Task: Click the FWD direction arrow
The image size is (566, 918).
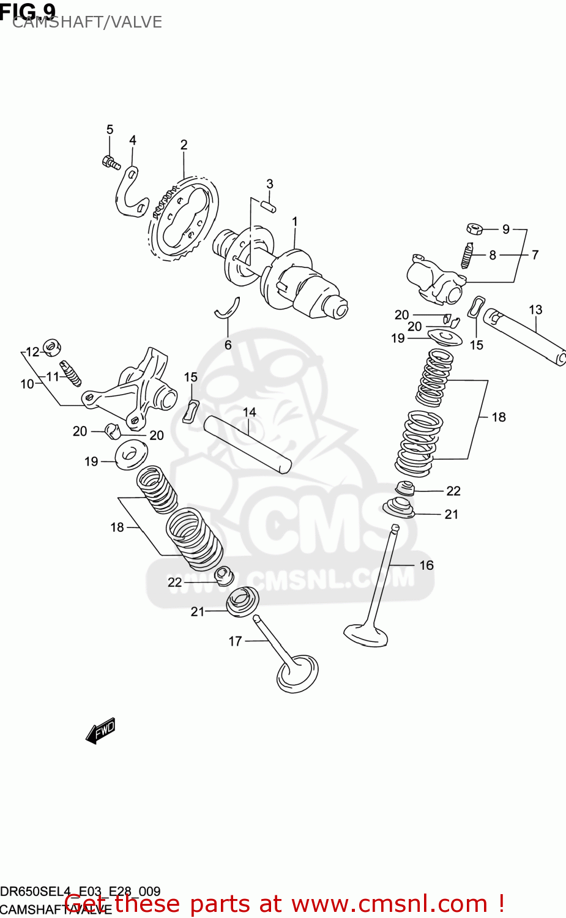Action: tap(100, 730)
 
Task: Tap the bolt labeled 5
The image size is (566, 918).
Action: tap(111, 162)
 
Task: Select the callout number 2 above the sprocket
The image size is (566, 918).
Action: tap(184, 145)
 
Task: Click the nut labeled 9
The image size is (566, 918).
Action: tap(474, 229)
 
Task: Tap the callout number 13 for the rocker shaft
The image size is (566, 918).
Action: tap(535, 310)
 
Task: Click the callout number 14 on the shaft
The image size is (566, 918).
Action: tap(249, 412)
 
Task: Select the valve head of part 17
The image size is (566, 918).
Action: tap(298, 674)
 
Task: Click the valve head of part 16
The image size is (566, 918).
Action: tap(366, 634)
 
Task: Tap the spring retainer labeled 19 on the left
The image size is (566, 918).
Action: tap(131, 455)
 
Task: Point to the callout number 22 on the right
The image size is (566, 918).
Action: tap(453, 491)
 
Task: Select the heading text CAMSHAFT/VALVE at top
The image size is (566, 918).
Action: tap(87, 22)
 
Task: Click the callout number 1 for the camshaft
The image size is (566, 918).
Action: tap(294, 222)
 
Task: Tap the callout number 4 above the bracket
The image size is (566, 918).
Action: tap(132, 141)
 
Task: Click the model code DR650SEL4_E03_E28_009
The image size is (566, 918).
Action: tap(80, 892)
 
